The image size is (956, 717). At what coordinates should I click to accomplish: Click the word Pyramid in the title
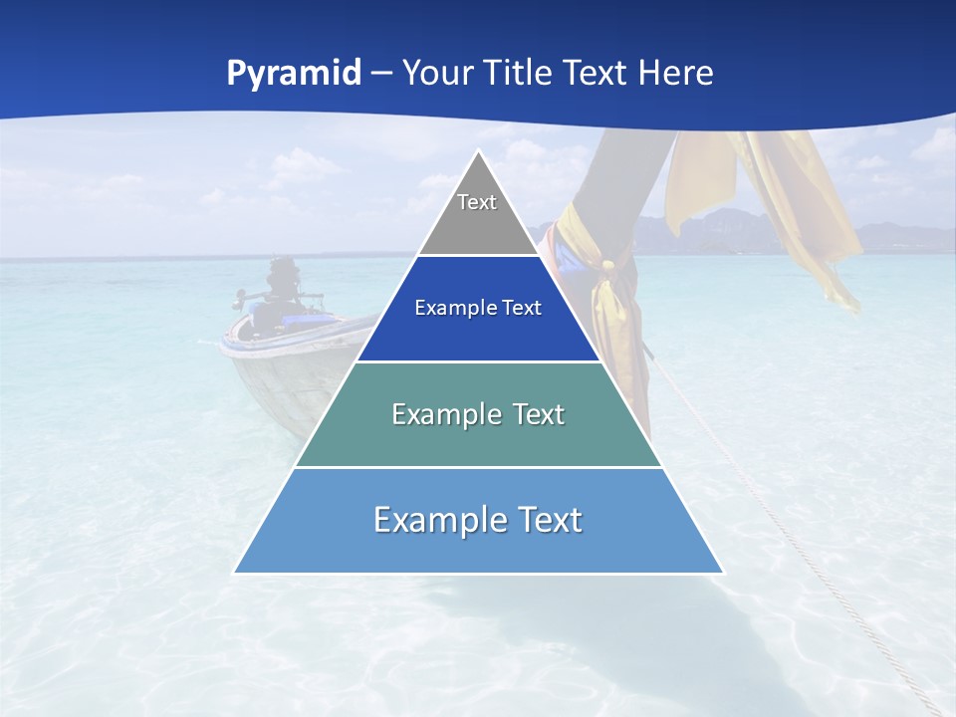pos(294,74)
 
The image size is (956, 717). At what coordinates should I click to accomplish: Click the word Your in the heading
pos(435,74)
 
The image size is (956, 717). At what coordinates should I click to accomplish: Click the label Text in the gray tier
pos(477,202)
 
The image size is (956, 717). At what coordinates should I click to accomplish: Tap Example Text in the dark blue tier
pos(478,308)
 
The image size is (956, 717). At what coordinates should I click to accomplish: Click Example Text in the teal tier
pos(478,414)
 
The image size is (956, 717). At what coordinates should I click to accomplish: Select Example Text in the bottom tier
pos(478,520)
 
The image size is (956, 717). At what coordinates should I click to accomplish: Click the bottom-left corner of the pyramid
pos(235,572)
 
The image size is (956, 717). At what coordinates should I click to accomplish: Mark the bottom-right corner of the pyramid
pos(722,572)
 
